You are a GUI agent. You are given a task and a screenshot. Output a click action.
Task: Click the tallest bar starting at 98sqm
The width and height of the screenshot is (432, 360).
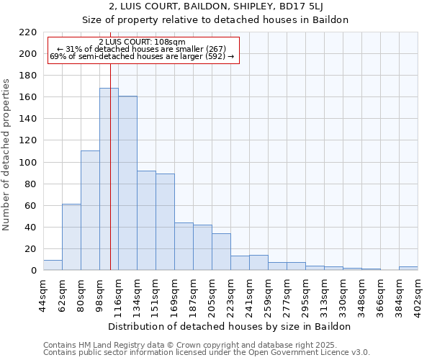pyautogui.click(x=109, y=179)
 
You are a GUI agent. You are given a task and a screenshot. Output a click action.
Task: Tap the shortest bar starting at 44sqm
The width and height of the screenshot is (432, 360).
pyautogui.click(x=53, y=265)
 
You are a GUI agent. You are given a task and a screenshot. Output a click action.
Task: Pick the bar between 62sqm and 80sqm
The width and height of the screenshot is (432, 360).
pyautogui.click(x=71, y=237)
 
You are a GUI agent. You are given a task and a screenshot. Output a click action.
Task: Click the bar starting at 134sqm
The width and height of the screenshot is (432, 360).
pyautogui.click(x=146, y=220)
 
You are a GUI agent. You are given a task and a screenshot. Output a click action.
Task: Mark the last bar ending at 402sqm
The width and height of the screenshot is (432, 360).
pyautogui.click(x=408, y=269)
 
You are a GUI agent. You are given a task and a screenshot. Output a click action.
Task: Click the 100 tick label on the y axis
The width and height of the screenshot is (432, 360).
pyautogui.click(x=28, y=163)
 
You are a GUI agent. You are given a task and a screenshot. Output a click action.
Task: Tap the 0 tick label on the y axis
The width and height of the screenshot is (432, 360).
pyautogui.click(x=33, y=271)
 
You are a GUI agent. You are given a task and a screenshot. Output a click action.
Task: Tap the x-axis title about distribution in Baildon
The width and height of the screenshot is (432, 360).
pyautogui.click(x=230, y=326)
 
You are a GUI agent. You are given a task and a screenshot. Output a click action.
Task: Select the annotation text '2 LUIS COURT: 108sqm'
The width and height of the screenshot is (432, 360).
pyautogui.click(x=143, y=42)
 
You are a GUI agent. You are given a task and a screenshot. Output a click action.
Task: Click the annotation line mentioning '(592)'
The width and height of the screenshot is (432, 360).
pyautogui.click(x=143, y=56)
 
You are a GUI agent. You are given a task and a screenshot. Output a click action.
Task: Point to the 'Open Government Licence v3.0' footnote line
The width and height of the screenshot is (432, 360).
pyautogui.click(x=207, y=352)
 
